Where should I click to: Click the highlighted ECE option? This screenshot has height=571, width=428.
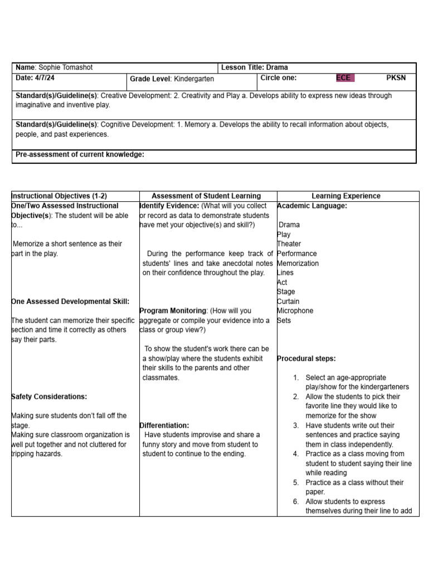pos(344,78)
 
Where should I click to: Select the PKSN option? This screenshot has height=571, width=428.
pos(396,78)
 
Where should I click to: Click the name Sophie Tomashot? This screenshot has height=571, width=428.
pos(66,67)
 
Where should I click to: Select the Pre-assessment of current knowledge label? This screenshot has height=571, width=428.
pos(80,154)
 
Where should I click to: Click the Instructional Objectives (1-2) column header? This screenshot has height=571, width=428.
pos(59,196)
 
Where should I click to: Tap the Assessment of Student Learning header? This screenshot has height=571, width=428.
pos(206,196)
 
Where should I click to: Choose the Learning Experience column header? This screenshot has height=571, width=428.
pos(346,196)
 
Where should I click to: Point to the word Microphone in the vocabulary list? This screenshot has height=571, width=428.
pos(295,311)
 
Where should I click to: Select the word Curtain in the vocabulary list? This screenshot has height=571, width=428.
pos(288,301)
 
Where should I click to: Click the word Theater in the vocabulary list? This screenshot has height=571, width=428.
pos(289,244)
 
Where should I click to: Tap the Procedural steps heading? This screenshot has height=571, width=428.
pos(307,359)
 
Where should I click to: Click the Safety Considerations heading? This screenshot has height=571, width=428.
pos(49,396)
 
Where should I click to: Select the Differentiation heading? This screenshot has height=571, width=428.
pos(164,425)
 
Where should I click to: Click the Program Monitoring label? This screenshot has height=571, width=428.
pos(173,311)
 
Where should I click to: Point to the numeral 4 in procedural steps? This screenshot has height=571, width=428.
pos(296,454)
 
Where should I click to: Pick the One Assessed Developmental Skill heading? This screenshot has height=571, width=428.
pos(70,301)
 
